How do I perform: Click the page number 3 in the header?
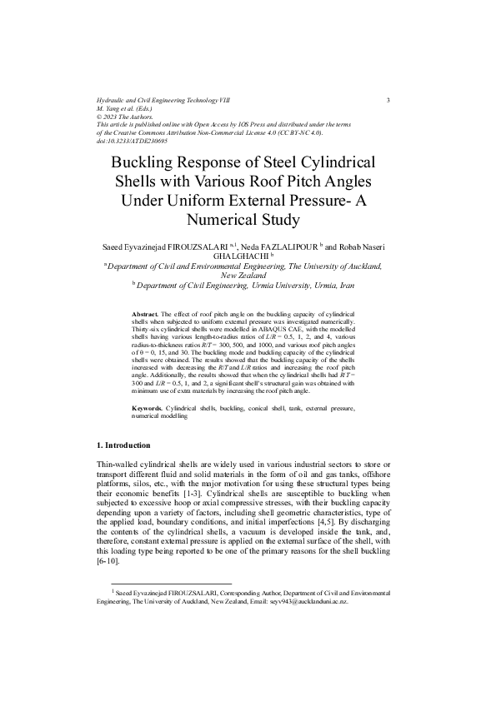[x=389, y=101]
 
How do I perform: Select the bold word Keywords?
[x=148, y=408]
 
